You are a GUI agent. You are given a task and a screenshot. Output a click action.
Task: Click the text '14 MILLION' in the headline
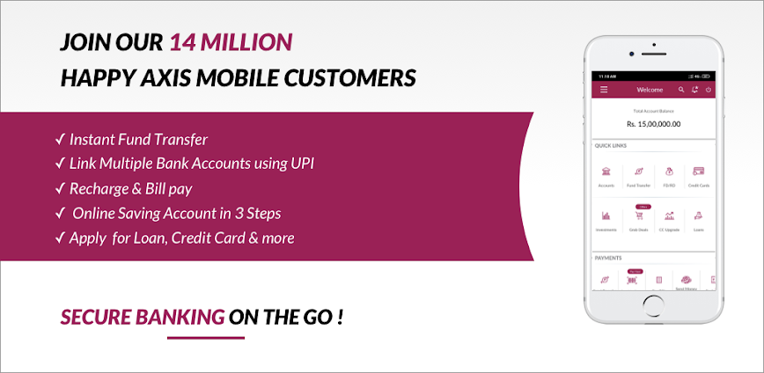(231, 41)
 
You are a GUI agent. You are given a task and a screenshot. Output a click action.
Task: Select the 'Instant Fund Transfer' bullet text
(138, 139)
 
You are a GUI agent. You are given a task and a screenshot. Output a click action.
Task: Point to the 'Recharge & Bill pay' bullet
(130, 188)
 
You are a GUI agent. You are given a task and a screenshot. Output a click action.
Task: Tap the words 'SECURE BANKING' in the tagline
(142, 317)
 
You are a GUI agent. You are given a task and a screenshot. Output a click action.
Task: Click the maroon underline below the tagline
(205, 337)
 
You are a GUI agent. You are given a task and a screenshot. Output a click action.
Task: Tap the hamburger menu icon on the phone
(604, 90)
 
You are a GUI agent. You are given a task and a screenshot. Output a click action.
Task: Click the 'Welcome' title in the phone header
(650, 90)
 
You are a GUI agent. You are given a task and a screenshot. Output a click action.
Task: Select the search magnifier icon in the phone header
(681, 90)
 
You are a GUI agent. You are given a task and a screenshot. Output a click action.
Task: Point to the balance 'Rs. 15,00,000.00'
(652, 124)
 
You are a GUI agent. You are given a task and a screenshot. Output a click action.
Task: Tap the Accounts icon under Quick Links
(606, 172)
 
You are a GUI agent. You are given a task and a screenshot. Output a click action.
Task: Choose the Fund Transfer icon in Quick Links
(637, 172)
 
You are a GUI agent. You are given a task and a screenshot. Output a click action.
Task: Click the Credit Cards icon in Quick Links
(698, 172)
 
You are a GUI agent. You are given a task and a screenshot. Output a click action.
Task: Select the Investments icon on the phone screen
(606, 216)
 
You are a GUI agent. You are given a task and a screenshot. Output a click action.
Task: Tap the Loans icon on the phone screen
(698, 216)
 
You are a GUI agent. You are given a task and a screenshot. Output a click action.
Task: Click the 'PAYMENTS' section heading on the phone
(608, 258)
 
